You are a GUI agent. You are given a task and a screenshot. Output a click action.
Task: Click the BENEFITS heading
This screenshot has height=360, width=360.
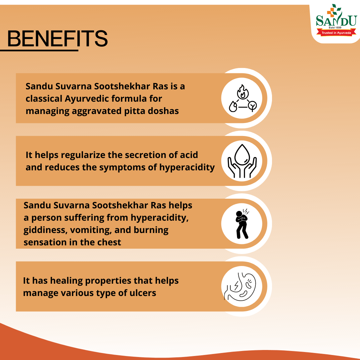(57, 38)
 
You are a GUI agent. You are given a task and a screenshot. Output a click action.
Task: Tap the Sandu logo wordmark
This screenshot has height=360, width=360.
(336, 20)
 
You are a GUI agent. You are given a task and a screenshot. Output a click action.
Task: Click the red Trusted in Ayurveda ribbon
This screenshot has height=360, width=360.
(336, 33)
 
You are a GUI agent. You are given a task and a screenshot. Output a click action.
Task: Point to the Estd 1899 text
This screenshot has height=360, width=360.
(335, 28)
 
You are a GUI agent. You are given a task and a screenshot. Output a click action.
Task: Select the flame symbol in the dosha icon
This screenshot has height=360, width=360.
(243, 92)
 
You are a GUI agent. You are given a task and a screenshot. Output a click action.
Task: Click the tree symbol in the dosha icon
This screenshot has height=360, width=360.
(253, 106)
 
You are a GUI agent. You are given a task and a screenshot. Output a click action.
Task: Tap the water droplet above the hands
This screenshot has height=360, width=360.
(242, 155)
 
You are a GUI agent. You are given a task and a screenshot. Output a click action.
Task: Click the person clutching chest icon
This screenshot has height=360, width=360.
(242, 224)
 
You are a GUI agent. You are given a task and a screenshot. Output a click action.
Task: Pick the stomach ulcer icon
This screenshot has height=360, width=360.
(240, 287)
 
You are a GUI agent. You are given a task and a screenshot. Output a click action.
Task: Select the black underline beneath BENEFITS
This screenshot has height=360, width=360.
(39, 50)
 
